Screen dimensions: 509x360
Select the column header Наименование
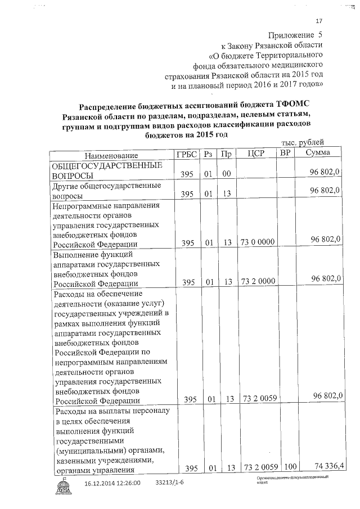[x=111, y=155]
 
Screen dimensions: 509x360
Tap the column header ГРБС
[x=187, y=154]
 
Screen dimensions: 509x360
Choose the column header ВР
[x=286, y=153]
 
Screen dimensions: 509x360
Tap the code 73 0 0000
[x=257, y=242]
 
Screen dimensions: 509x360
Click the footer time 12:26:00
[x=129, y=483]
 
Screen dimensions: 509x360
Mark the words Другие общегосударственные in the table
[x=106, y=185]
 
